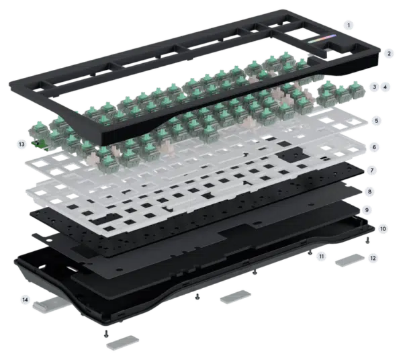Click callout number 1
[349, 25]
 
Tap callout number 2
[389, 54]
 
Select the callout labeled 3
[375, 87]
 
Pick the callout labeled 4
[385, 87]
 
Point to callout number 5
[377, 120]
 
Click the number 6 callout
[374, 147]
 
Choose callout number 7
[372, 170]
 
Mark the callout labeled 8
[369, 191]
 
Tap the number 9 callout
[367, 210]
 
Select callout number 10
[383, 228]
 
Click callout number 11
[321, 256]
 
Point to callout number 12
[373, 258]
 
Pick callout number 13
[21, 144]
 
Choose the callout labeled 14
[26, 300]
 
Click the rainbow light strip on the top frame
[322, 39]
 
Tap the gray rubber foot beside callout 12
[350, 260]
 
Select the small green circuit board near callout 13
[40, 145]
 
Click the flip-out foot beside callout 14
[52, 304]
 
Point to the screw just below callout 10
[367, 240]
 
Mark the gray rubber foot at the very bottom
[123, 343]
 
